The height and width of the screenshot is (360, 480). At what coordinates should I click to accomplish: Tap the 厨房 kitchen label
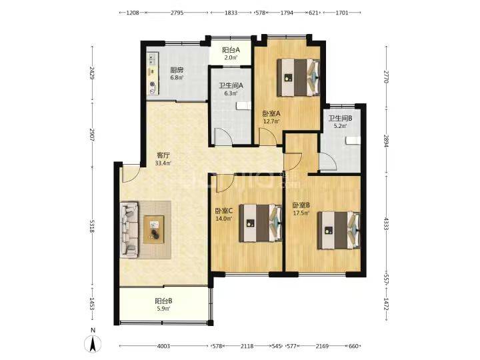point(177,70)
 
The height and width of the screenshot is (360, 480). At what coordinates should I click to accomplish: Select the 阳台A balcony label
point(231,50)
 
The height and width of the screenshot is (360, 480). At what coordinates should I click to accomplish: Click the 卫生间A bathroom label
point(231,86)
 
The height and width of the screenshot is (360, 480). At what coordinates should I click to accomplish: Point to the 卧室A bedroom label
point(271,114)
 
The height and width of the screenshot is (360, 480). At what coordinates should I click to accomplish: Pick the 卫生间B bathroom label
point(340,119)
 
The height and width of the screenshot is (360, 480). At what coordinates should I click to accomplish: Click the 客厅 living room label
point(163,155)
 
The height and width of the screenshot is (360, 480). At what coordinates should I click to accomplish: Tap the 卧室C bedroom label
point(224,211)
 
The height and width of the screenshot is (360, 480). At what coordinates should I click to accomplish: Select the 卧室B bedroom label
point(301,205)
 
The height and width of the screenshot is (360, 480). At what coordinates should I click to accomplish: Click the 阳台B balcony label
point(163,301)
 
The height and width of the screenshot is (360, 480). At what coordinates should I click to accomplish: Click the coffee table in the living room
point(154,229)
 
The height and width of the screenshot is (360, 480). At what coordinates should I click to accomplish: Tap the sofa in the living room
point(129,229)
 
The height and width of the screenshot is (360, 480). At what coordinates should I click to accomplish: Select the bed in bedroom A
point(299,78)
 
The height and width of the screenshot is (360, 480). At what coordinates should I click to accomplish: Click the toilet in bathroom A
point(244,105)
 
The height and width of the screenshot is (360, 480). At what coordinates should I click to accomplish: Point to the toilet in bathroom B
point(353,140)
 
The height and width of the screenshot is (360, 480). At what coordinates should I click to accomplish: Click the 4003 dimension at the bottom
point(163,346)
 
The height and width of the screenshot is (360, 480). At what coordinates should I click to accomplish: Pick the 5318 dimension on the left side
point(91,225)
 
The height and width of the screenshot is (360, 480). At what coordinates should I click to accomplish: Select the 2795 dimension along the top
point(177,13)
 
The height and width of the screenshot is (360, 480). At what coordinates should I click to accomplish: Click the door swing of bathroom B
point(328,161)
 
